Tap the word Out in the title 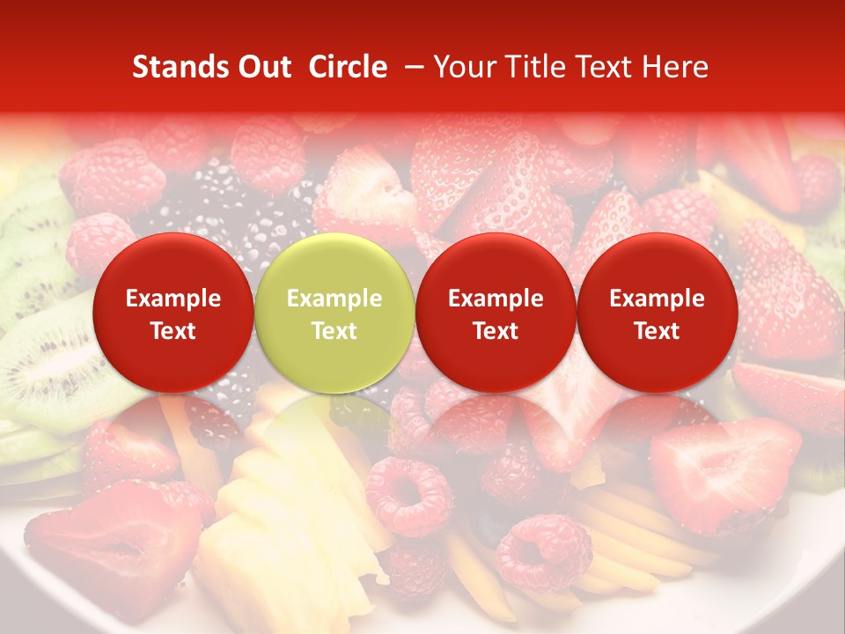[263, 67]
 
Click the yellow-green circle [334, 313]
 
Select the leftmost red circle [173, 313]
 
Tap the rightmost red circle [657, 313]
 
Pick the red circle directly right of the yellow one [496, 313]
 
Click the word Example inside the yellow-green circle [334, 299]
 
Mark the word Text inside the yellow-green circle [334, 331]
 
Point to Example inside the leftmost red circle [173, 299]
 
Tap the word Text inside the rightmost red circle [657, 331]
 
